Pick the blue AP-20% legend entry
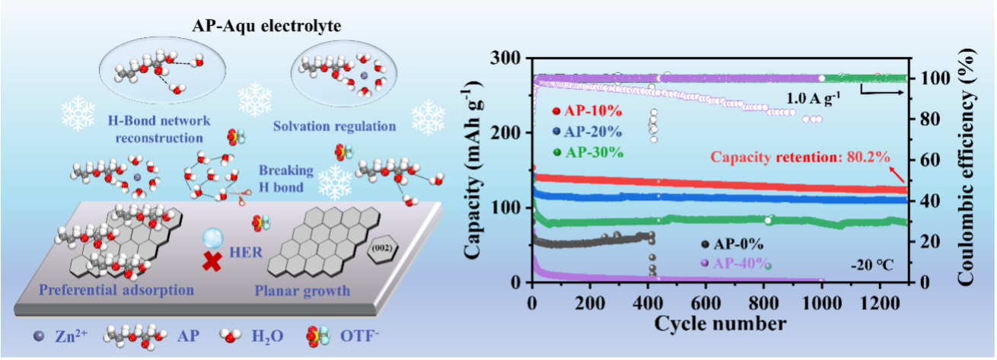[585, 131]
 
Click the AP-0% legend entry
[734, 244]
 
